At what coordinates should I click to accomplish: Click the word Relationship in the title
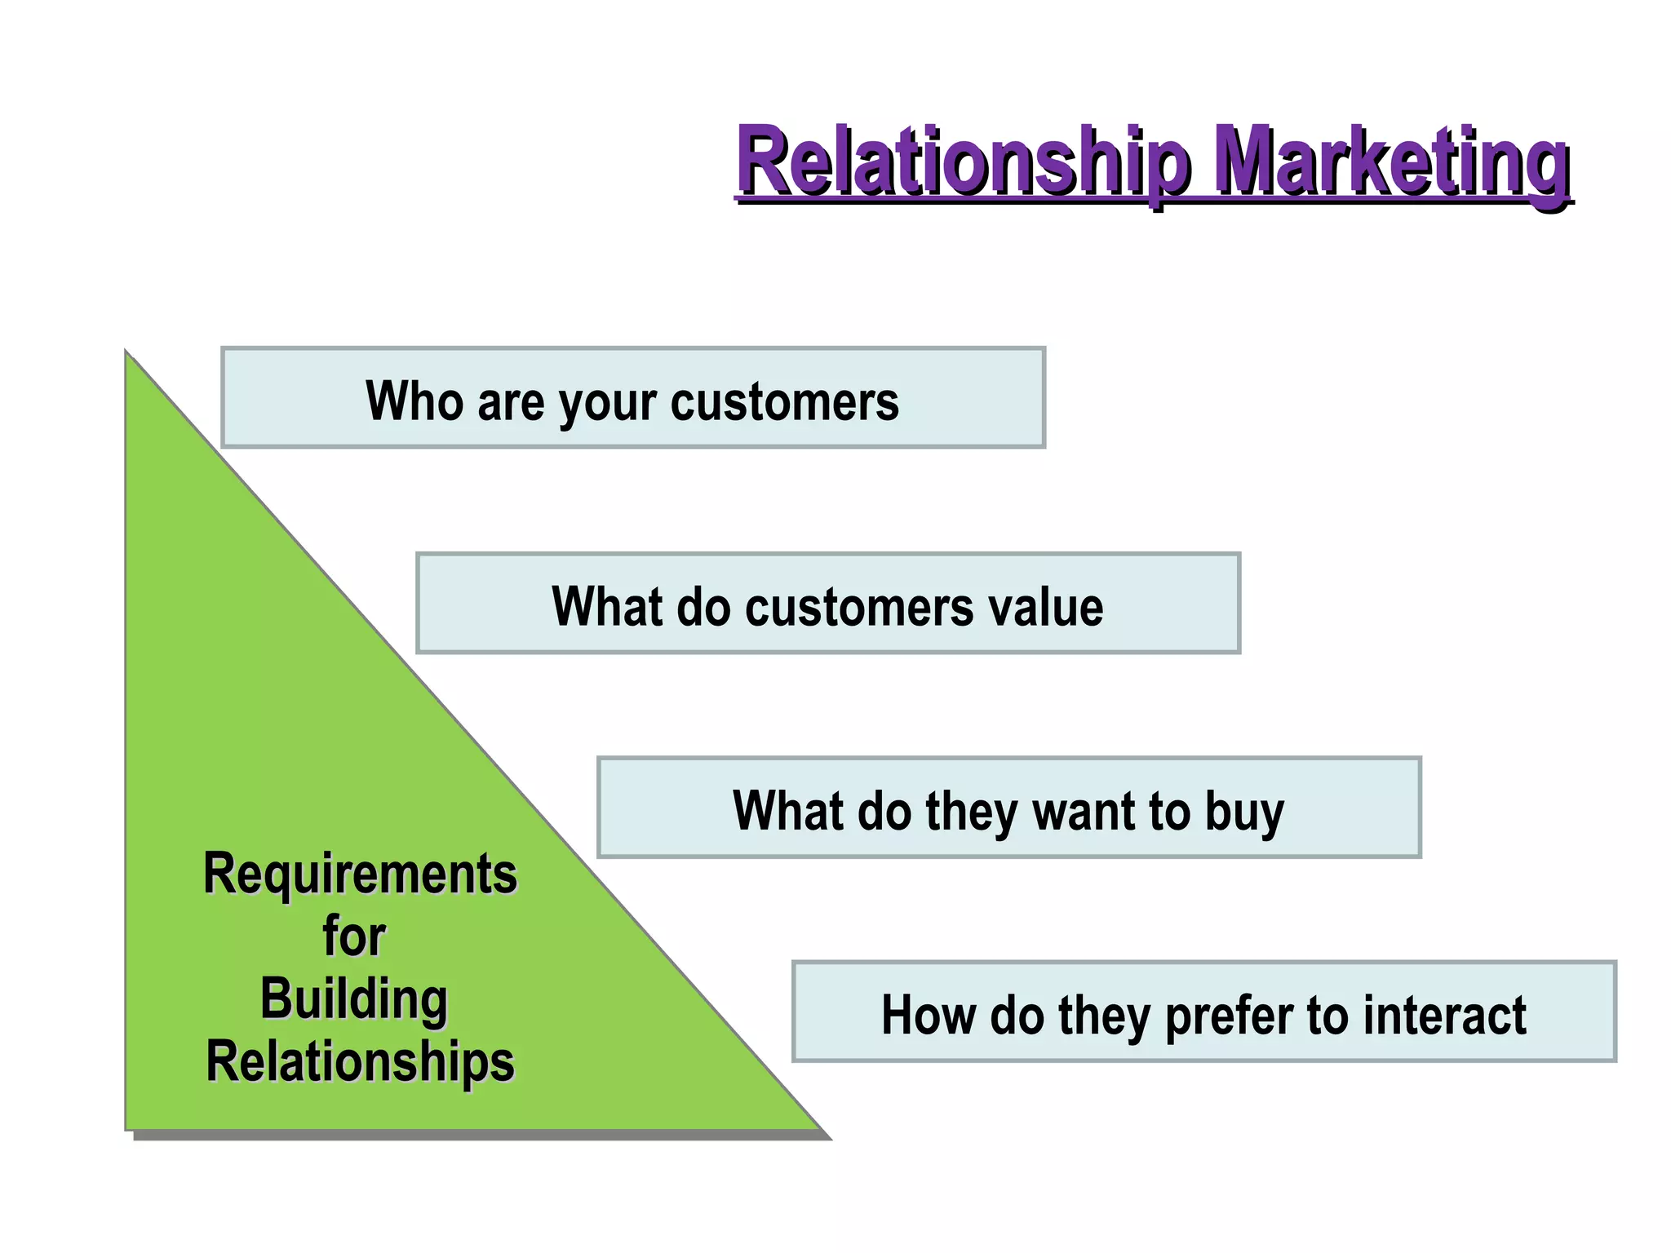pyautogui.click(x=963, y=161)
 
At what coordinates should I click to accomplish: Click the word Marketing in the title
pyautogui.click(x=1391, y=161)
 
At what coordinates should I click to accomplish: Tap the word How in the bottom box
pyautogui.click(x=929, y=1015)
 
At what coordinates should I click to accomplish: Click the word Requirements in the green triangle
pyautogui.click(x=360, y=874)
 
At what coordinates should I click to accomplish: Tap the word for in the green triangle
pyautogui.click(x=353, y=936)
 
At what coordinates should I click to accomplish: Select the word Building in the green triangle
pyautogui.click(x=353, y=998)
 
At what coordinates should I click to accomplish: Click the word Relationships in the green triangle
pyautogui.click(x=360, y=1061)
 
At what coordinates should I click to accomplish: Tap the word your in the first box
pyautogui.click(x=607, y=402)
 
